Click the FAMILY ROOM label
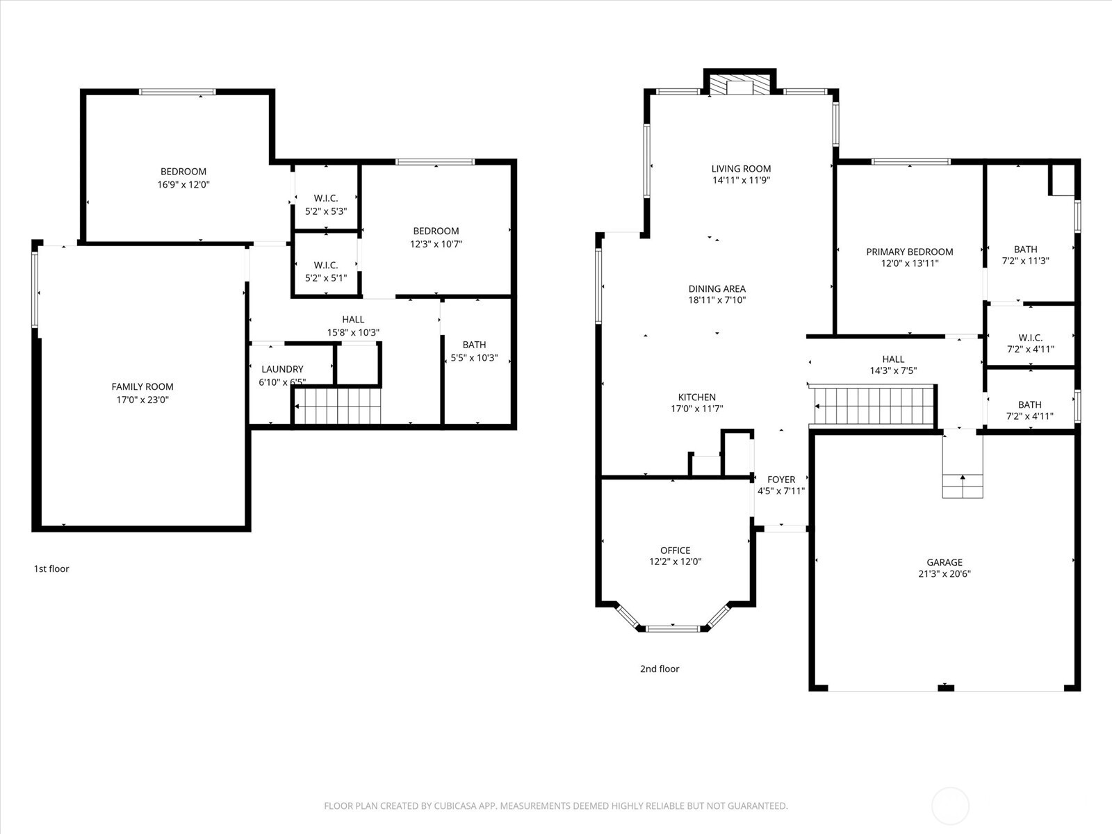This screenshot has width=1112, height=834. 142,386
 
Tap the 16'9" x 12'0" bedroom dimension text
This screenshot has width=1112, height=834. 183,185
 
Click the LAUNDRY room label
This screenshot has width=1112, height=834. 282,369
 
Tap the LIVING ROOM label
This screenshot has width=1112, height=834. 741,168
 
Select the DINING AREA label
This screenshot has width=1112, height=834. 717,288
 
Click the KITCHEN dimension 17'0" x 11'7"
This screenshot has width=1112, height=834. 696,409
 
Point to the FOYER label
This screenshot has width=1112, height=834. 781,480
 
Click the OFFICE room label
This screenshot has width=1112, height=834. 675,550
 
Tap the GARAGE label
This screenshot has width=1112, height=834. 944,562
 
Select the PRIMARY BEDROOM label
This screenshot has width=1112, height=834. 909,252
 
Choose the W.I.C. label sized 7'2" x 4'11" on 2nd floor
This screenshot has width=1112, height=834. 1030,338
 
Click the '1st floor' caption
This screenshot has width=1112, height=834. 51,569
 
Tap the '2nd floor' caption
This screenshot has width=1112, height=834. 660,669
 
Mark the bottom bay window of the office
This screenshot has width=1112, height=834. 673,628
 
